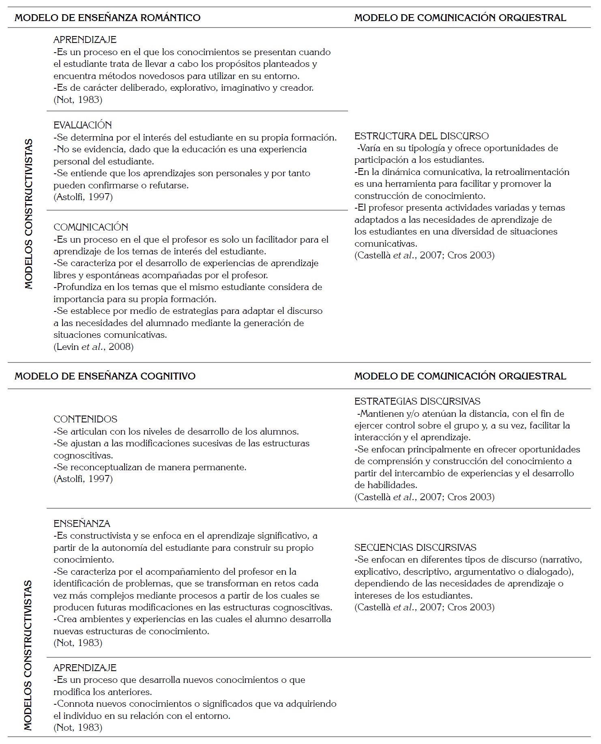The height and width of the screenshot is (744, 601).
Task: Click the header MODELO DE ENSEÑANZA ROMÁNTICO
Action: click(x=107, y=18)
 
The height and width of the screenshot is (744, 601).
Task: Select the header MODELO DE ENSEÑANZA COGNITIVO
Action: click(x=105, y=376)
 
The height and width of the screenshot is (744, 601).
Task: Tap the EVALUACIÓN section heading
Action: click(x=83, y=125)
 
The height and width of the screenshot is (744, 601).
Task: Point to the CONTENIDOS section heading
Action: click(x=86, y=419)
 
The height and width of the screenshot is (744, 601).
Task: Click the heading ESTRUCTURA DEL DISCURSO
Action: click(x=421, y=136)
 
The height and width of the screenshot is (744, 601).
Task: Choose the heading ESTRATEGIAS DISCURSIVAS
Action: click(x=417, y=401)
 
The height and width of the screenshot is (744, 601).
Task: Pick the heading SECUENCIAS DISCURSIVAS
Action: click(x=415, y=548)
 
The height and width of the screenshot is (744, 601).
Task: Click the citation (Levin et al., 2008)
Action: click(x=94, y=347)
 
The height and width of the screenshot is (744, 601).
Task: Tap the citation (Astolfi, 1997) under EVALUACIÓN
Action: click(x=83, y=197)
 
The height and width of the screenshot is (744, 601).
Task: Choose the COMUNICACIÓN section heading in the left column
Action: click(x=91, y=227)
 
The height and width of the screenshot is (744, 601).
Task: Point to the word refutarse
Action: click(x=168, y=185)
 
